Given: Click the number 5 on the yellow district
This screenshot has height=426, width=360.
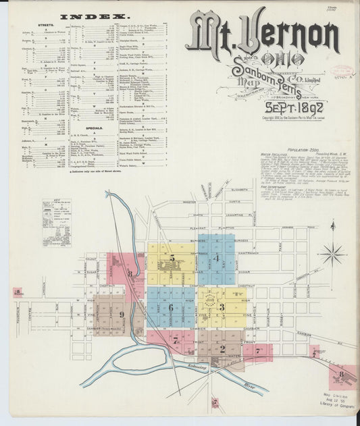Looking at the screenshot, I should pyautogui.click(x=172, y=258).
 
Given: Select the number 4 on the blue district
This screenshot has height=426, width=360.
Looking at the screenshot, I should pyautogui.click(x=216, y=258).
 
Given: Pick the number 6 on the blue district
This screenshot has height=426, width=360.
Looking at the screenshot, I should pyautogui.click(x=171, y=307).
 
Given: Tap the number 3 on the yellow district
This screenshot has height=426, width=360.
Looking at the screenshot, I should pyautogui.click(x=222, y=307).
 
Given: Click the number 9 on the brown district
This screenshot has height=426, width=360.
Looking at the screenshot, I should pyautogui.click(x=122, y=314).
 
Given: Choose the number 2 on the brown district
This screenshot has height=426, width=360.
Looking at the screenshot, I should pyautogui.click(x=222, y=348).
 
